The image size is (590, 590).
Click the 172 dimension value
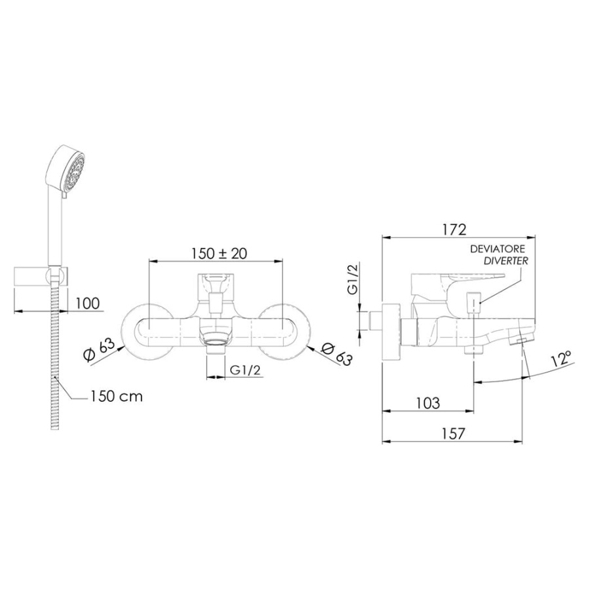point(454,229)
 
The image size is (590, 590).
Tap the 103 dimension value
point(428,403)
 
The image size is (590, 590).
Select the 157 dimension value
point(454,433)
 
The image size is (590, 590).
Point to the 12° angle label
point(562,358)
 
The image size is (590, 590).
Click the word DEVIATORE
point(498,250)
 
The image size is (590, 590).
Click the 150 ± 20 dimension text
point(219,253)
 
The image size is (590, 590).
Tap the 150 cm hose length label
point(117,396)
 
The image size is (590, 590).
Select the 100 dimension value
point(87,303)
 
